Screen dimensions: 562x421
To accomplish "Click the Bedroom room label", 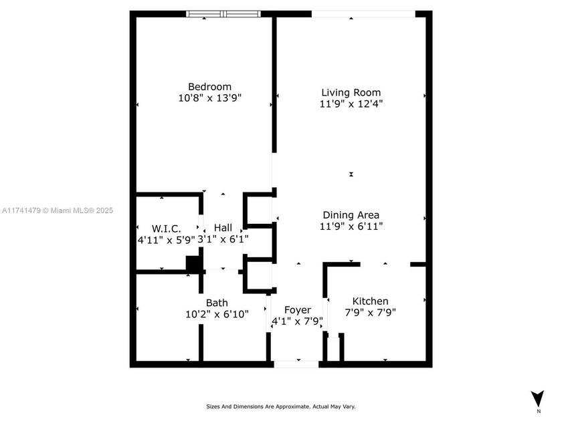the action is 209,87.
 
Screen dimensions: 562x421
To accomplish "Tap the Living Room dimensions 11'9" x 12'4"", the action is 351,104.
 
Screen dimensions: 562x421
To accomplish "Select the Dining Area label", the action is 351,215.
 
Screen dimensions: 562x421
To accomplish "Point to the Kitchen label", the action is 370,301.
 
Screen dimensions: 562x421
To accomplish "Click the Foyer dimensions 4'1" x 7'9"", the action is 298,321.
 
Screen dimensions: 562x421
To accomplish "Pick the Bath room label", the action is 217,303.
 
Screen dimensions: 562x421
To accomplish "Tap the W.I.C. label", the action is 167,229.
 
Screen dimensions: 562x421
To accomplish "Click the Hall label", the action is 223,228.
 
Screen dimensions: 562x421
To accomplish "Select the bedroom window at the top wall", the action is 223,14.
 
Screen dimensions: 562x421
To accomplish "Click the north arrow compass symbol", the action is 538,399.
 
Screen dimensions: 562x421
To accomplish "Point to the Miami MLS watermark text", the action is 58,210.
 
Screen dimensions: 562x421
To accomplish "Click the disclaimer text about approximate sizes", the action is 281,407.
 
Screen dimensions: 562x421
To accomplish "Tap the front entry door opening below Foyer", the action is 296,364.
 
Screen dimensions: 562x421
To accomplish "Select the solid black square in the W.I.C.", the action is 193,264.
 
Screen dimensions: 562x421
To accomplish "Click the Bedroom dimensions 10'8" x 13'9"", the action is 209,98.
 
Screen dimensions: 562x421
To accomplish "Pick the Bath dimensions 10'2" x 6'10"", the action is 217,314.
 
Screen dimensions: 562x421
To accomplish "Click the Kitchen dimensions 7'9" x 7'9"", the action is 370,313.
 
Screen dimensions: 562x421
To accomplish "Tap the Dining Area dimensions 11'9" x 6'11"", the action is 351,227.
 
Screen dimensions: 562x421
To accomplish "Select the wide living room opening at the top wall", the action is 363,14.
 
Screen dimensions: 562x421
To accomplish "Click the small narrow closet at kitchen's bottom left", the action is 334,349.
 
